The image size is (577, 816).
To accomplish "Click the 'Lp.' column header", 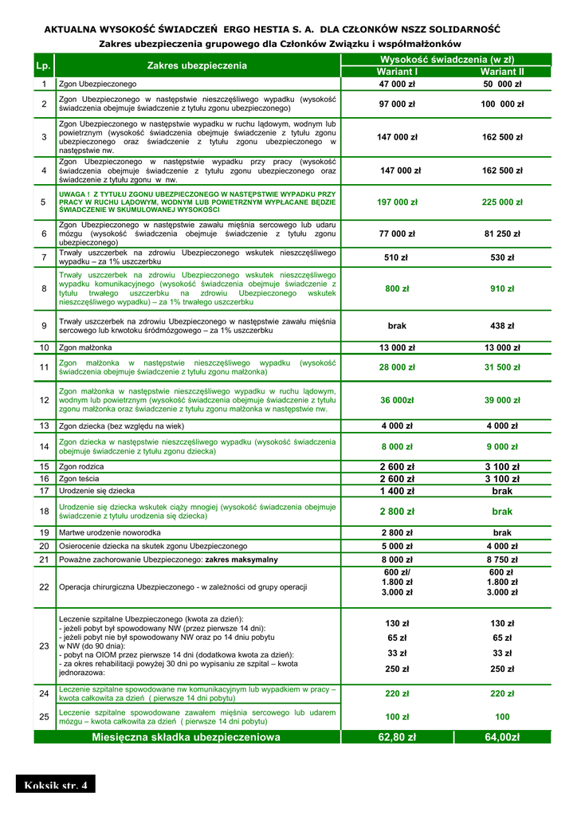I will click(x=44, y=65).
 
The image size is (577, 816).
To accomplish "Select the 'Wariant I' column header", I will click(x=397, y=72).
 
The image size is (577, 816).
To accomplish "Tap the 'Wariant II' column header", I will click(x=502, y=72).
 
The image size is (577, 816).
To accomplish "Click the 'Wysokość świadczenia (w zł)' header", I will click(x=449, y=60).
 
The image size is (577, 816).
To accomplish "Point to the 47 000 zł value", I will click(x=397, y=84).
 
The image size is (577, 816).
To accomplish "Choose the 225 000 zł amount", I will click(x=502, y=202).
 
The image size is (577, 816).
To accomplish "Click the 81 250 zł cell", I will click(x=502, y=233).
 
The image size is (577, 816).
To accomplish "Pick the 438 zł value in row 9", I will click(x=502, y=326).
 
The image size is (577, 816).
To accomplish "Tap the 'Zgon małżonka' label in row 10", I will click(x=85, y=347).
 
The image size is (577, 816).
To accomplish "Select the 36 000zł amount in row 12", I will click(x=397, y=400).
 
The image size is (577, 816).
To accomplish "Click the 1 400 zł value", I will click(x=397, y=492).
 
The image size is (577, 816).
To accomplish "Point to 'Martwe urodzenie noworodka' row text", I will click(x=110, y=532).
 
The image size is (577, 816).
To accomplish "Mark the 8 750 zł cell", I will click(x=502, y=559).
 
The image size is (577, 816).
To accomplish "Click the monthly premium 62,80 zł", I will click(x=397, y=738).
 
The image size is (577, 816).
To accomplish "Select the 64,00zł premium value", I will click(x=502, y=738).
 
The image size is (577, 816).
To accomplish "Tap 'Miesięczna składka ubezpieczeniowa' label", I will click(x=186, y=738).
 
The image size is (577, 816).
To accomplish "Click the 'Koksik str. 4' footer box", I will click(x=55, y=786).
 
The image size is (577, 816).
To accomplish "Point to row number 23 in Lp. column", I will click(x=44, y=645).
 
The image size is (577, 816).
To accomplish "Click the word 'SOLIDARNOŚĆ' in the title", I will click(x=461, y=29).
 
